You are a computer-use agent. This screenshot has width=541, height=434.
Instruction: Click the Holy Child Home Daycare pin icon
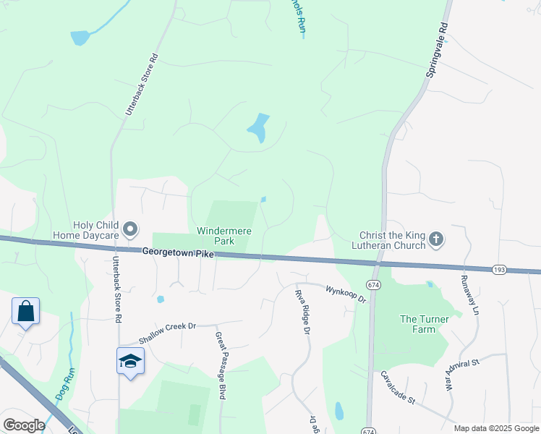click(131, 229)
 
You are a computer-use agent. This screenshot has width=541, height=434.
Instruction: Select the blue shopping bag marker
click(25, 312)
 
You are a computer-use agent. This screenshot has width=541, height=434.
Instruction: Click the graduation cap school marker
click(130, 361)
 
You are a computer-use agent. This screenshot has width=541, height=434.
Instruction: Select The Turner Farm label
click(428, 324)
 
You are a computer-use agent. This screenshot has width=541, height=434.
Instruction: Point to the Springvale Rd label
click(437, 49)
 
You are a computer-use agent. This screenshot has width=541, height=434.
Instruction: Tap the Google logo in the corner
click(24, 425)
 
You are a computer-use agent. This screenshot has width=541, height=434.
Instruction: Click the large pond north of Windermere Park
click(258, 128)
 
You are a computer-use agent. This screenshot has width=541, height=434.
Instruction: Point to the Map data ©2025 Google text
click(496, 428)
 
